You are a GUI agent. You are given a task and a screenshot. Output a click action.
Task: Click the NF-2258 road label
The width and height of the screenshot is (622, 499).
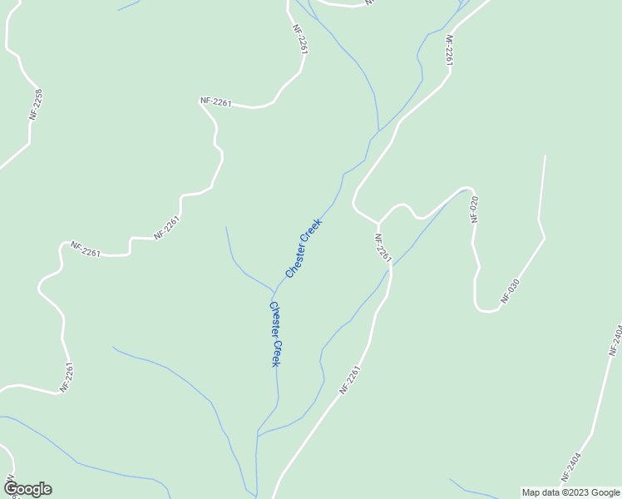(35, 104)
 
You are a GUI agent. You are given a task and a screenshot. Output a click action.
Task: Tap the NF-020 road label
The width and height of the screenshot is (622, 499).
(475, 209)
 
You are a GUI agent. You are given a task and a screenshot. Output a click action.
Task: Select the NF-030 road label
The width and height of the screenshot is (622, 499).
(510, 289)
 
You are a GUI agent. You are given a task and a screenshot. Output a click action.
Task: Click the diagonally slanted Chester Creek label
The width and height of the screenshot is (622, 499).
(303, 248)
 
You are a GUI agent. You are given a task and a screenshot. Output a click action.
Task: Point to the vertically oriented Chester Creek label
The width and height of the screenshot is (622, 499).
(275, 333)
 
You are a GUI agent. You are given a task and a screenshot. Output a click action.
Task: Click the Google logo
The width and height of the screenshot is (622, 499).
(27, 489)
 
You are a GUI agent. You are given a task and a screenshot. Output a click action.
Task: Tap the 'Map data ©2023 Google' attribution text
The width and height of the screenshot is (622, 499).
(571, 492)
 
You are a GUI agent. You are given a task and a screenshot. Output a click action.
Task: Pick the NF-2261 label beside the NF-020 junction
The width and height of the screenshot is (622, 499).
(383, 247)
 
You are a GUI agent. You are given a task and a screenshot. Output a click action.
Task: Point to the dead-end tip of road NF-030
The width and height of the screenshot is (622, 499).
(545, 156)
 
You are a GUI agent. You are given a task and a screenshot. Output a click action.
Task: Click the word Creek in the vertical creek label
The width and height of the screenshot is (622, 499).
(276, 353)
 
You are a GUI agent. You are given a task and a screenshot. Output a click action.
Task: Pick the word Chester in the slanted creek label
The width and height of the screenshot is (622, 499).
(297, 258)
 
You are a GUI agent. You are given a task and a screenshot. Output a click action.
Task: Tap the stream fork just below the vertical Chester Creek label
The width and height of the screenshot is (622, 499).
(258, 434)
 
